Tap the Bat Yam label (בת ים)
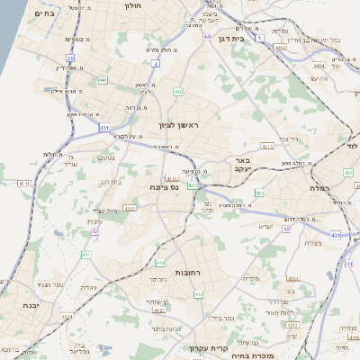(42, 14)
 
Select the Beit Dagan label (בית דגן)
(231, 39)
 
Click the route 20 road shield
(70, 58)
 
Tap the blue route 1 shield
(259, 40)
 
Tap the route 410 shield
(160, 264)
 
